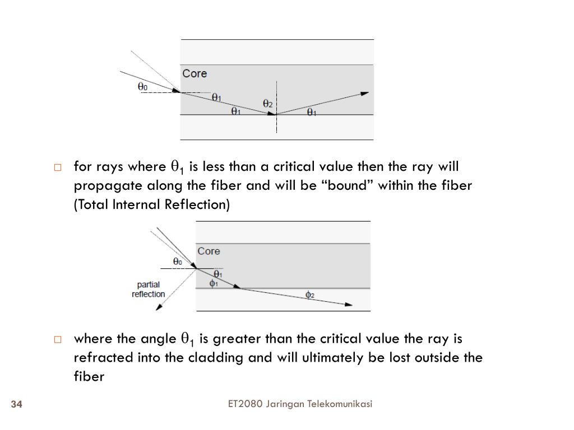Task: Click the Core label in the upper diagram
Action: click(x=195, y=73)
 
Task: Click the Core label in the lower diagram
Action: click(x=209, y=251)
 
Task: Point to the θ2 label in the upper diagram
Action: click(x=268, y=104)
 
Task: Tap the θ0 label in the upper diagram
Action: click(x=143, y=86)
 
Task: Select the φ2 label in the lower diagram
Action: click(x=310, y=295)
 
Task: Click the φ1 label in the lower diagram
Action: click(x=214, y=283)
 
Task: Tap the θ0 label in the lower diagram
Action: click(x=178, y=261)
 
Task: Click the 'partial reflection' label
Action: click(x=148, y=289)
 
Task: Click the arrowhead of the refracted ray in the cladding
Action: click(x=349, y=305)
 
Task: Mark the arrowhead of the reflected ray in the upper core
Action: click(x=365, y=94)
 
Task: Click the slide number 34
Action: click(x=16, y=405)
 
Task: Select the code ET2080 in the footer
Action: click(x=245, y=404)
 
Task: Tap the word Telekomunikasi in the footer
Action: click(x=340, y=404)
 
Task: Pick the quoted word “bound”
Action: click(x=348, y=185)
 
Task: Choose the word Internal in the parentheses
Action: click(x=137, y=204)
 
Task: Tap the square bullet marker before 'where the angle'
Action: click(x=57, y=339)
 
